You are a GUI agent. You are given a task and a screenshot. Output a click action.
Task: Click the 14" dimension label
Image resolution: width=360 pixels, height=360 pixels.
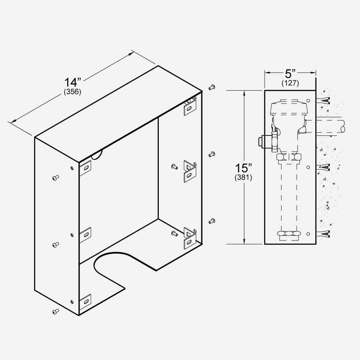(72, 82)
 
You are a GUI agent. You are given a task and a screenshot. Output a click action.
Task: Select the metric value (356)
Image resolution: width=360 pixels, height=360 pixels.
(72, 92)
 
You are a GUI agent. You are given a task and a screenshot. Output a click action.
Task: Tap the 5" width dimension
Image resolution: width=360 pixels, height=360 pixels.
(290, 74)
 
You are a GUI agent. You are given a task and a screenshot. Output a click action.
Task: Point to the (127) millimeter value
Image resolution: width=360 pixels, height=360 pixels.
(290, 83)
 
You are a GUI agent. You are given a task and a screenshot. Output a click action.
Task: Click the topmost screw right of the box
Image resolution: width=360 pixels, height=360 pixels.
(212, 87)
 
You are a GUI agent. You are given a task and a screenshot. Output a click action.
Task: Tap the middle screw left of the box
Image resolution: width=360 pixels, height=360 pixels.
(55, 244)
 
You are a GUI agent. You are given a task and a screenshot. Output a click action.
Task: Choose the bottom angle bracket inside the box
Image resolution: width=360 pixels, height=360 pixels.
(190, 238)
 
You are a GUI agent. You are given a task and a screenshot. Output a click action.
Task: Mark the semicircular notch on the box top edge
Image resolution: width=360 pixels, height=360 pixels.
(97, 155)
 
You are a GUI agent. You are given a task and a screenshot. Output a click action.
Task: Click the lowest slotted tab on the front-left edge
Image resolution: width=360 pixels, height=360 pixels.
(85, 301)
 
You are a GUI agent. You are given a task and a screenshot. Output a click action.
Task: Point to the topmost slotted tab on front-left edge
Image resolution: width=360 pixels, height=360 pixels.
(85, 167)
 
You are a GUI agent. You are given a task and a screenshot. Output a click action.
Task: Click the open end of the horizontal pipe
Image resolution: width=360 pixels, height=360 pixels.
(342, 127)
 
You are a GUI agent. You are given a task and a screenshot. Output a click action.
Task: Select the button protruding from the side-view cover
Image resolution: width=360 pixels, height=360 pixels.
(261, 141)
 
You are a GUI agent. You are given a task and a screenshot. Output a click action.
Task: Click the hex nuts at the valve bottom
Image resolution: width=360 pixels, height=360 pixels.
(289, 234)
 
